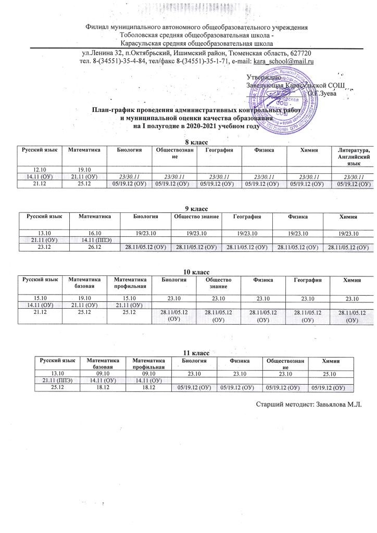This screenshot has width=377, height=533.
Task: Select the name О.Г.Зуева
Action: pyautogui.click(x=321, y=93)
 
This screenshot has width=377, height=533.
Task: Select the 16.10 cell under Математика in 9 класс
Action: pyautogui.click(x=93, y=232)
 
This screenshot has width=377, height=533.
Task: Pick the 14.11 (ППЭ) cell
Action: pyautogui.click(x=93, y=239)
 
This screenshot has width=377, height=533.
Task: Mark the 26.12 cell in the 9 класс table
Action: pyautogui.click(x=93, y=247)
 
